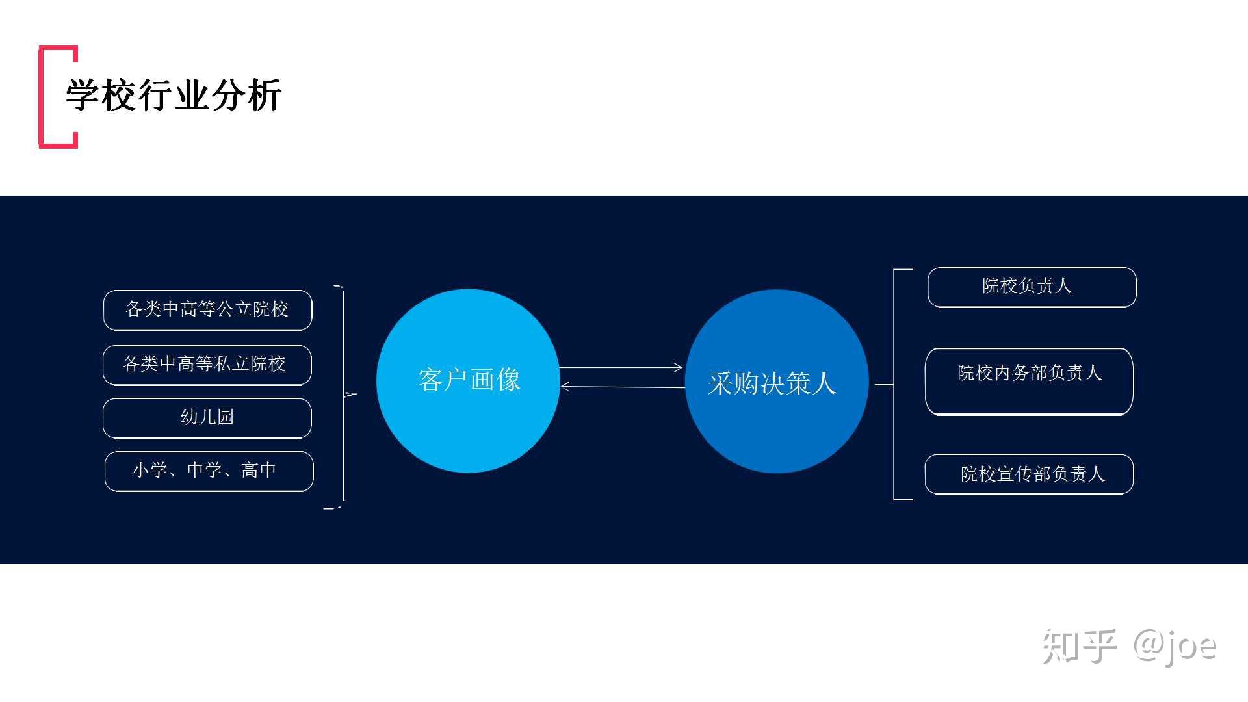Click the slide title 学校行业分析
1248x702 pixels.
174,96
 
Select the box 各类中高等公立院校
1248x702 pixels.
207,310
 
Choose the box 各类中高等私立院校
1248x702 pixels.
207,365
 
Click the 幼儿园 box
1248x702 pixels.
207,418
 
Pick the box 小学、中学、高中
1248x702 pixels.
209,471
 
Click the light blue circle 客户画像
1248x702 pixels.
468,381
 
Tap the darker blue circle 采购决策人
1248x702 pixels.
777,382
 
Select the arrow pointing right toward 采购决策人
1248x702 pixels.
621,368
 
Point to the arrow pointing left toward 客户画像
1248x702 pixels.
623,387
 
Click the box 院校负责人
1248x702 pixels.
1032,287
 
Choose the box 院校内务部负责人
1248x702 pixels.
1029,382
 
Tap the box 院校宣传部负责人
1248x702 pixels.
1029,474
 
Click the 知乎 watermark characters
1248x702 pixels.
1080,646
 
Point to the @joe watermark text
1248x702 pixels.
1175,647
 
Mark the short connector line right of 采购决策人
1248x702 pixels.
884,385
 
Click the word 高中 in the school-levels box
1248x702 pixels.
259,470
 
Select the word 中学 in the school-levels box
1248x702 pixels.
204,470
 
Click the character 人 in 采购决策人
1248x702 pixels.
822,383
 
